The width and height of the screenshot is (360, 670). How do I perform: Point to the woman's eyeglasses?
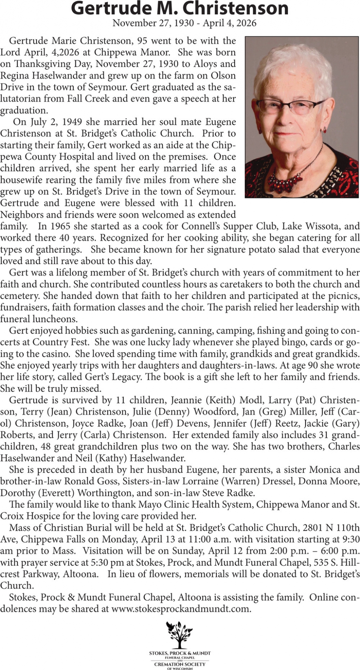click(x=291, y=106)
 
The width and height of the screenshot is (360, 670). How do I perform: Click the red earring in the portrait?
click(x=324, y=130)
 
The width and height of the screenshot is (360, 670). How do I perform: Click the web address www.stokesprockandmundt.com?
click(x=181, y=609)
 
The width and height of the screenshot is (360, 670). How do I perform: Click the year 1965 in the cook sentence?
click(x=60, y=226)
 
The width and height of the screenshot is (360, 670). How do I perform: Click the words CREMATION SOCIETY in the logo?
click(x=180, y=664)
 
